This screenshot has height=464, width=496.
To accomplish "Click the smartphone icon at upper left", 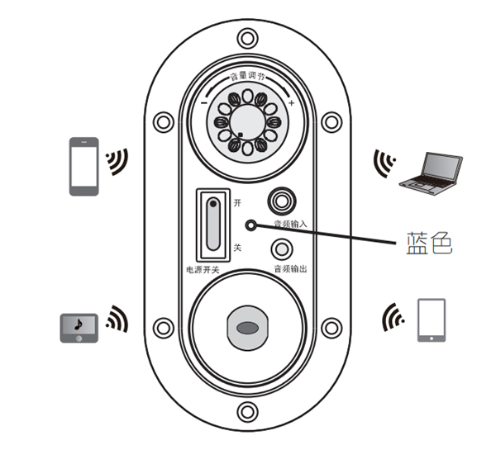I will [x=83, y=166].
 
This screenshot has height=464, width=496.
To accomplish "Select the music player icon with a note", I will [x=79, y=328].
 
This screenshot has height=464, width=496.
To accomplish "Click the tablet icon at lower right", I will [x=431, y=320].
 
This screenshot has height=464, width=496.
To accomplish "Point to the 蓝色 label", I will [x=429, y=243].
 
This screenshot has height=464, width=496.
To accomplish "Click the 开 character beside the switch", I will [x=237, y=201].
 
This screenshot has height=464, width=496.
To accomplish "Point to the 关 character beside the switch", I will [x=237, y=248].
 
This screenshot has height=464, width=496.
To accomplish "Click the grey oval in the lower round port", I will [x=246, y=328].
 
